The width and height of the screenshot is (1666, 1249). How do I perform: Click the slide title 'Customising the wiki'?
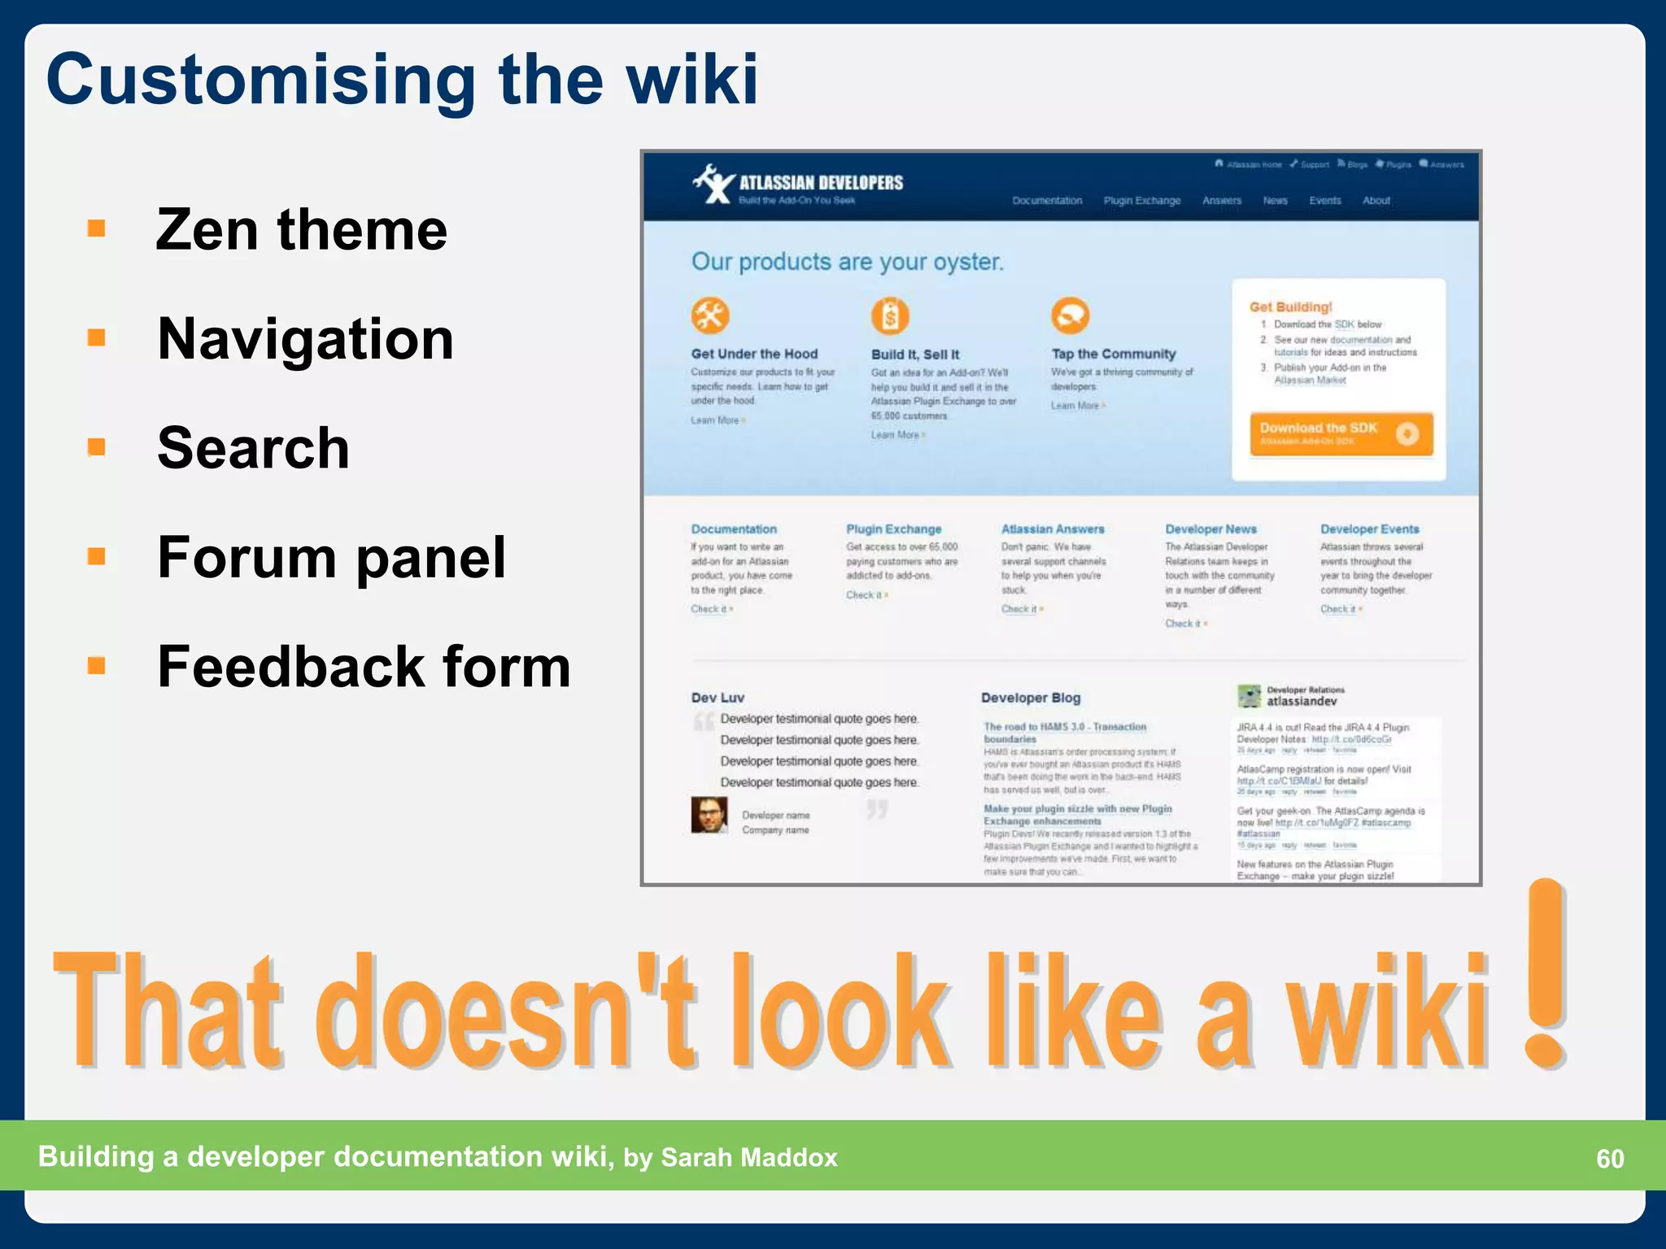point(402,80)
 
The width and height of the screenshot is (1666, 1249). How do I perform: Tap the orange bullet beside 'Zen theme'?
point(97,228)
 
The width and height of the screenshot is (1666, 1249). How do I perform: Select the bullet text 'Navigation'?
point(305,339)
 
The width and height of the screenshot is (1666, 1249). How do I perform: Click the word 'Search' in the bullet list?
point(253,448)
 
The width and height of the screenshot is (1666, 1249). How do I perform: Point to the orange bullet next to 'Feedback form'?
point(97,666)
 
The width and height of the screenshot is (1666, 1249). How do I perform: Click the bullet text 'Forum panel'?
point(331,558)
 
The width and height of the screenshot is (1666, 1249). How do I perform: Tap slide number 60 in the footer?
point(1609,1158)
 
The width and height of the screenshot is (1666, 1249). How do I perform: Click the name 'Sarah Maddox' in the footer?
point(748,1157)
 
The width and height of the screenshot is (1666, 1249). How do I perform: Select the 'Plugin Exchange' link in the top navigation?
point(1141,201)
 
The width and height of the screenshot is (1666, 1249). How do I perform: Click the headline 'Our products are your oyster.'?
point(847,262)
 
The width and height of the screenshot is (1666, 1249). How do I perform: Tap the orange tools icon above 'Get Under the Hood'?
point(710,316)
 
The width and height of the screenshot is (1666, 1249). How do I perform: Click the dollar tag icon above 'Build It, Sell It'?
point(890,316)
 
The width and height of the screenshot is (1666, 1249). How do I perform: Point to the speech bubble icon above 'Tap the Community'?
point(1070,316)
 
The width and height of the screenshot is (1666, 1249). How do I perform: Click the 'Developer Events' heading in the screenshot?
point(1369,529)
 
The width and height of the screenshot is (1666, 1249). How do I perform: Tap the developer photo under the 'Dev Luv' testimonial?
point(709,815)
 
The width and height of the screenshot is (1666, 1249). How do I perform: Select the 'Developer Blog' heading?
point(1030,698)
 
